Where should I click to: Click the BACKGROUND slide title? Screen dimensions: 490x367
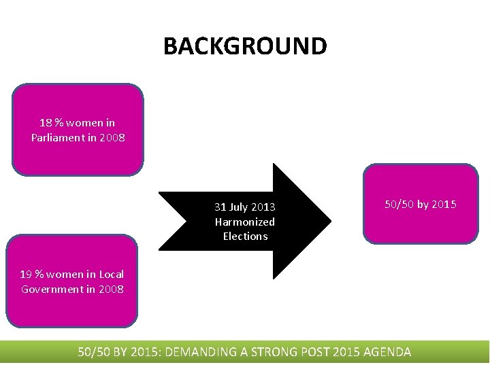tap(245, 46)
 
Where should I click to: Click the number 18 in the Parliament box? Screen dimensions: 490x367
tap(46, 123)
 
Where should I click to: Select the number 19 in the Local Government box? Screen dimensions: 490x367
tap(26, 275)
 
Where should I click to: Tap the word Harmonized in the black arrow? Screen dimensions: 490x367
tap(245, 222)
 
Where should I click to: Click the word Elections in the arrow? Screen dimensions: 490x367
tap(245, 237)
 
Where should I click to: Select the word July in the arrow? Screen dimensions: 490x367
tap(240, 207)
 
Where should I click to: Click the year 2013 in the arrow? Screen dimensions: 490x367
tap(263, 207)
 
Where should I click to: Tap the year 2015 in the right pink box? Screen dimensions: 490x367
tap(444, 205)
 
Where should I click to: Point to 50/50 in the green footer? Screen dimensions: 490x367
tap(94, 352)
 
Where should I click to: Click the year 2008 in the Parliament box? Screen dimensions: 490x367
tap(112, 138)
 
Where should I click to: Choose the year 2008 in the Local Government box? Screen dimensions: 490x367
tap(110, 290)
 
